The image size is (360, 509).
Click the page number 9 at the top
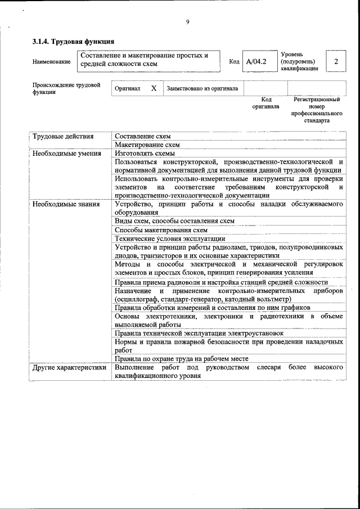point(188,22)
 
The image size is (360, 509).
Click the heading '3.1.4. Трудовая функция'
point(74,41)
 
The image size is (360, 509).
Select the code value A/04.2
point(256,61)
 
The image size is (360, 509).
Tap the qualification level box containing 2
point(336,61)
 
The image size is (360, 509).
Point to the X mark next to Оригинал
point(153,88)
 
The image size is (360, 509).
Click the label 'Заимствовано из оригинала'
point(202,88)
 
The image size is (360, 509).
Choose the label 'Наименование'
point(52,61)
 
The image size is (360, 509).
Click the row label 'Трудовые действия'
point(63,136)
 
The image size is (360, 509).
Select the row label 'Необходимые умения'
point(66,153)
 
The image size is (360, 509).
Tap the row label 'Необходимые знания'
point(66,204)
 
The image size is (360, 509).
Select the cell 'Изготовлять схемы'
point(145,153)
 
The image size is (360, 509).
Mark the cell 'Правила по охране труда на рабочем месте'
point(181,358)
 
